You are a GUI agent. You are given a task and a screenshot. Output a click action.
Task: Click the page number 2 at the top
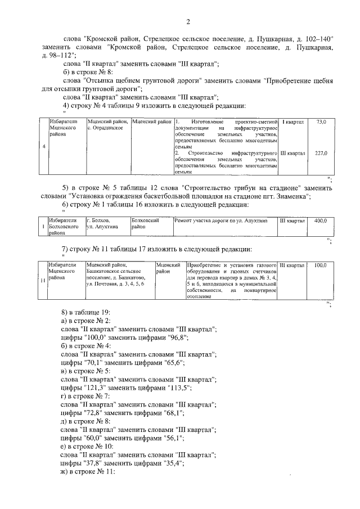(188, 22)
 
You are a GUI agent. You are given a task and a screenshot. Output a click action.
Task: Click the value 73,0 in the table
(321, 121)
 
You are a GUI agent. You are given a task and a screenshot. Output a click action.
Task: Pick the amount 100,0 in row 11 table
(321, 265)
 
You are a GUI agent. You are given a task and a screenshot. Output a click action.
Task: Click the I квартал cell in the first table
(292, 121)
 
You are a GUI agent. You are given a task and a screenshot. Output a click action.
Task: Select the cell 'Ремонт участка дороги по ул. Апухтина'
(224, 221)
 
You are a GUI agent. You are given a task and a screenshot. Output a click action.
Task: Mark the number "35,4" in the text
(172, 464)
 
